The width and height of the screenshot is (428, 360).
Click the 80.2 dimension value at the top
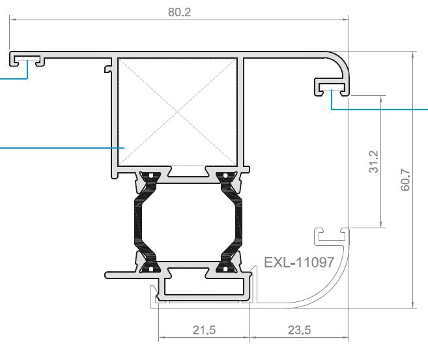coord(179,12)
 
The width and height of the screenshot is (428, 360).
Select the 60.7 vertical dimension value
coord(405,179)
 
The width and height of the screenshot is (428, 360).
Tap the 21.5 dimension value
coord(204,330)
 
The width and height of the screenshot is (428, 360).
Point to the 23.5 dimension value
coord(299,330)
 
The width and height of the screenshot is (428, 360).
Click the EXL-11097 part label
coord(299,263)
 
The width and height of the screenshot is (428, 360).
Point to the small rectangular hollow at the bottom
coord(204,286)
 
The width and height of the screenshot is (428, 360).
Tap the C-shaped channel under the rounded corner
coord(332,85)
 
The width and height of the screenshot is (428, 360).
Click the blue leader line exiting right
coord(384,109)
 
